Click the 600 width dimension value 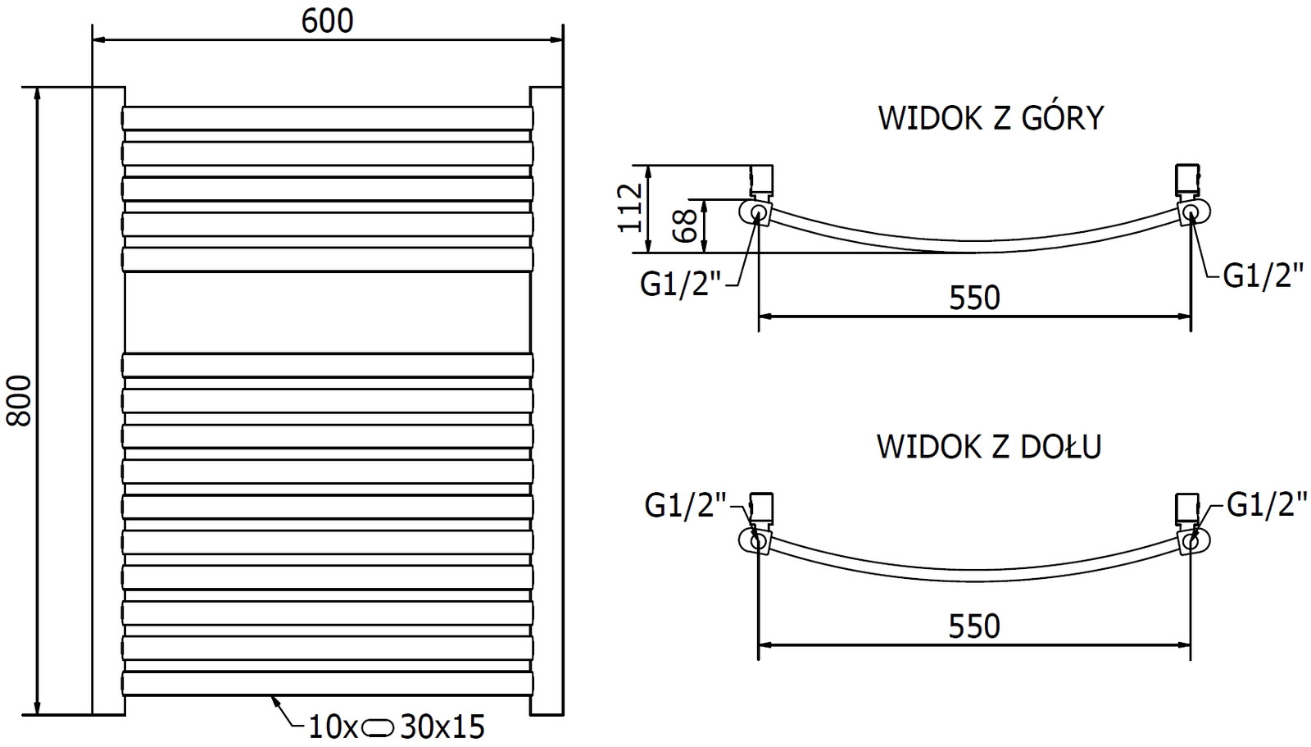click(x=327, y=20)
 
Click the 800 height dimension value click(x=19, y=400)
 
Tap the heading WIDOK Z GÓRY click(x=991, y=118)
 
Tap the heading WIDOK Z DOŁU click(x=989, y=446)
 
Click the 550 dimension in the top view click(x=975, y=298)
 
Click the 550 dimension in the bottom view click(x=975, y=626)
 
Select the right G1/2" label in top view click(x=1263, y=276)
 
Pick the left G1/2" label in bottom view click(x=685, y=506)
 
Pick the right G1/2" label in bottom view click(x=1267, y=506)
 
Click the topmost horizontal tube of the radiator click(x=327, y=118)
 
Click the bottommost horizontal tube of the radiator click(x=327, y=684)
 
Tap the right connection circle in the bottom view click(x=1191, y=541)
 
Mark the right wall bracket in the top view click(x=1187, y=180)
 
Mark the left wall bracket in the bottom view click(x=762, y=508)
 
